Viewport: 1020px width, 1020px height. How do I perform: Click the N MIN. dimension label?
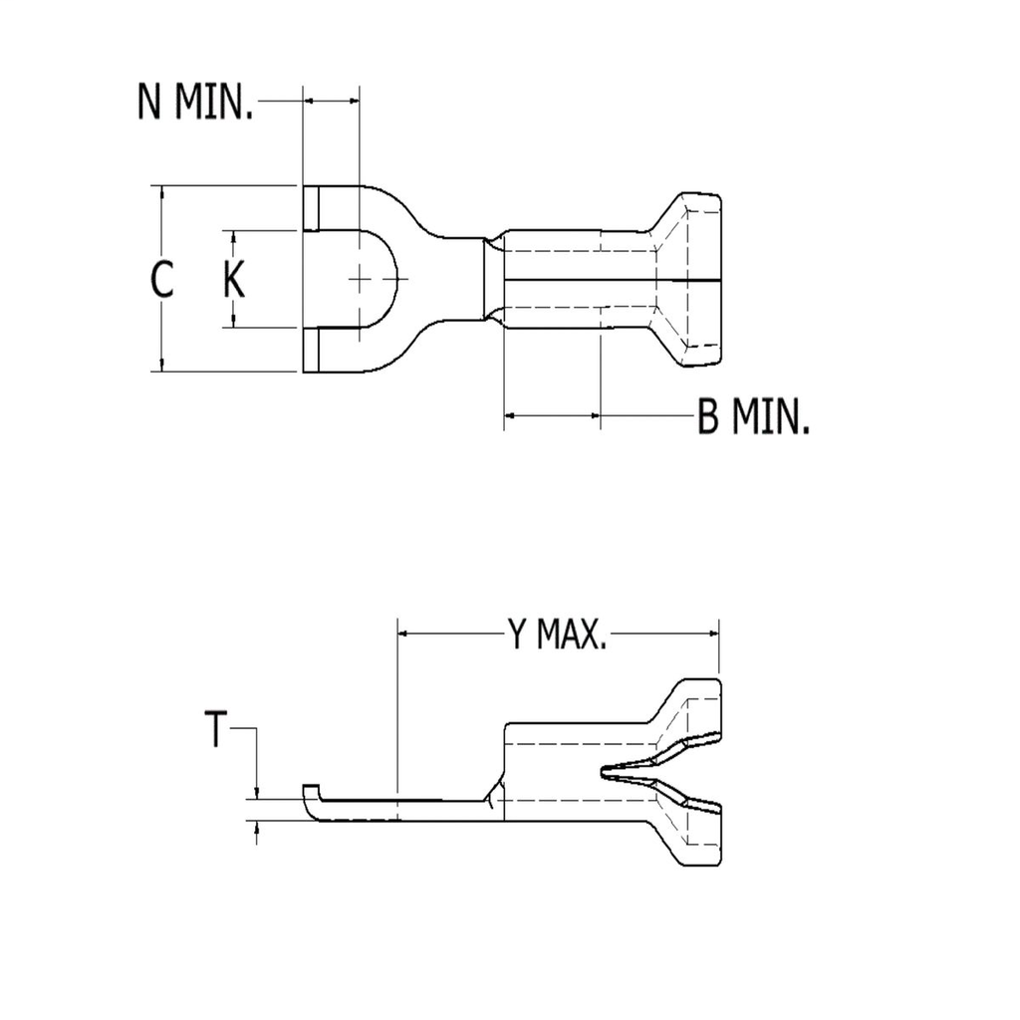coord(195,104)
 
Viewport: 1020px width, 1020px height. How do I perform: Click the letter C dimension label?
coord(162,280)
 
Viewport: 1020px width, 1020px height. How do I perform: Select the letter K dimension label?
coord(233,280)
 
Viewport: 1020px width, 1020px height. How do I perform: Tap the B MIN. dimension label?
coord(753,419)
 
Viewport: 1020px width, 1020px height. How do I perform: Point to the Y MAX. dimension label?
coord(557,634)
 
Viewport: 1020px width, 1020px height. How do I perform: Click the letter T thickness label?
coord(216,730)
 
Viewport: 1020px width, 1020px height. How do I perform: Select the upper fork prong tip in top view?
coord(312,208)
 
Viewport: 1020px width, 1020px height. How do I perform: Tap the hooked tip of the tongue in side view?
coord(310,793)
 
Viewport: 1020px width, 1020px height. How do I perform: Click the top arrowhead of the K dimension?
coord(233,238)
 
